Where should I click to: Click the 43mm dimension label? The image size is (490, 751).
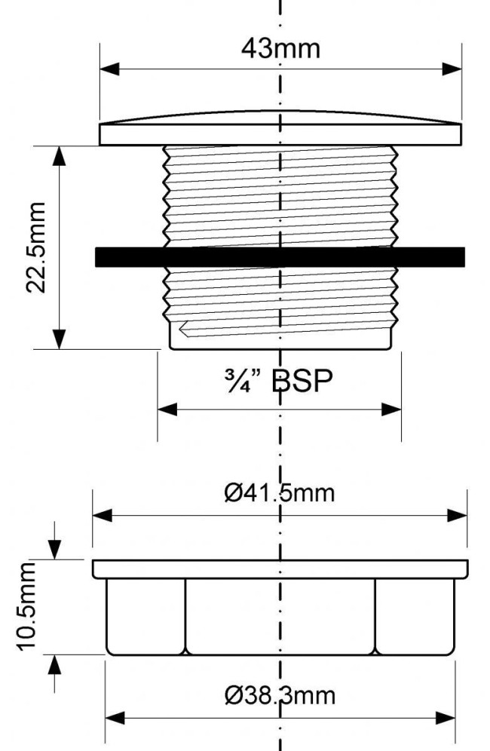coord(280,49)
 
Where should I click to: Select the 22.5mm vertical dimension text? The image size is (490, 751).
coord(35,247)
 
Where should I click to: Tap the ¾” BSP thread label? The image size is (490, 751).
coord(278,382)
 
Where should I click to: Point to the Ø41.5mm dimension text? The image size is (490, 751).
coord(280,493)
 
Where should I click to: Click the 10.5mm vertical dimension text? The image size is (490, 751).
coord(26,606)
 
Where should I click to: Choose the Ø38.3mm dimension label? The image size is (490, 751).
coord(280,695)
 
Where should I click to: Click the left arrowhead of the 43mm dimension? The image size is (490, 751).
coord(109,69)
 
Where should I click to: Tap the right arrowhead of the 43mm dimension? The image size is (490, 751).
coord(452,69)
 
